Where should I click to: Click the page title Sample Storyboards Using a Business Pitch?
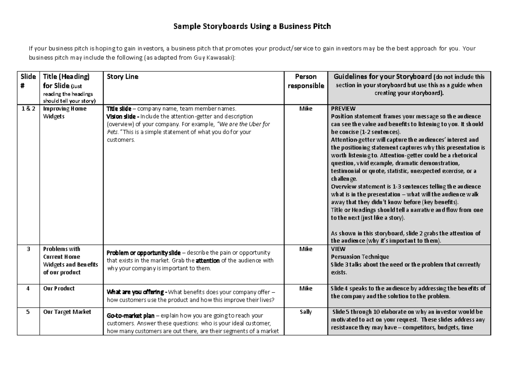(252, 27)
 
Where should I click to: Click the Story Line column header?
(122, 77)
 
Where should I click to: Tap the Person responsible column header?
(306, 81)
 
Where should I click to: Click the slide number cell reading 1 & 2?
(28, 109)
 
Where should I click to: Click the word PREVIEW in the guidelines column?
(343, 109)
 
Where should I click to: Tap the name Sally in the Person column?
(306, 312)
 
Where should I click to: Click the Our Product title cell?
(59, 289)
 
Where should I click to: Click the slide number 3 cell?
(28, 249)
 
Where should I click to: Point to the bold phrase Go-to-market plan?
(130, 316)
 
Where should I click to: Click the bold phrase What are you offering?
(137, 292)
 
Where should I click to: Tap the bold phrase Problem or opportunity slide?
(144, 253)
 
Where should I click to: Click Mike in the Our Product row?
(306, 289)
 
